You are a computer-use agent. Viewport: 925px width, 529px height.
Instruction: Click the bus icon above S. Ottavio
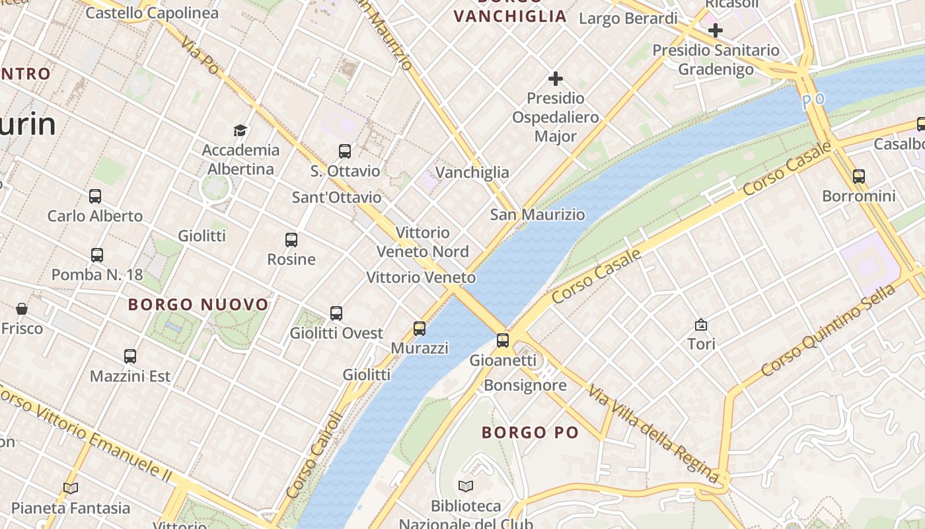click(345, 151)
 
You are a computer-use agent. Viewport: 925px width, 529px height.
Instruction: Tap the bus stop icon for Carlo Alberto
click(95, 196)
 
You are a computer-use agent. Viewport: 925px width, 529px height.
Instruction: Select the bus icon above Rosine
click(291, 240)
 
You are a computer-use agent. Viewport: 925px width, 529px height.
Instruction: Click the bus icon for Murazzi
click(420, 328)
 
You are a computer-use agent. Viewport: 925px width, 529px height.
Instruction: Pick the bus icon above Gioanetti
click(503, 341)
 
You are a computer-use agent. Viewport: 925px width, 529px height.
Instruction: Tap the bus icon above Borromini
click(859, 177)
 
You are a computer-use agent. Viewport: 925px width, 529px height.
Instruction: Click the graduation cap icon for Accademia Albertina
click(240, 130)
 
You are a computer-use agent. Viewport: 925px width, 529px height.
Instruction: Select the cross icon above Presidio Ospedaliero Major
click(556, 79)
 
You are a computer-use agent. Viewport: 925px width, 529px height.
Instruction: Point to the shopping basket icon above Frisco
click(22, 309)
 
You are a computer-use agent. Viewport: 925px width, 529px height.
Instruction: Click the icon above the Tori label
click(701, 325)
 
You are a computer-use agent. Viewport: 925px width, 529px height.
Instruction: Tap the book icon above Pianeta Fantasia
click(71, 489)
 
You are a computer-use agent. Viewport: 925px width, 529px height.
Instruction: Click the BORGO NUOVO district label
click(198, 305)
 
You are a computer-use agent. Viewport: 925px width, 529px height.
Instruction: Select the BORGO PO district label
click(530, 433)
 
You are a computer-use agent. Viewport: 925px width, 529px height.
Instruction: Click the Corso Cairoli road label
click(316, 456)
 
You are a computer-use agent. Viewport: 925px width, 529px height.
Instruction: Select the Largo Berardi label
click(628, 19)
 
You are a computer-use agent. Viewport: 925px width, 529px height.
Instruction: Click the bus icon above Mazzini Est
click(130, 356)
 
